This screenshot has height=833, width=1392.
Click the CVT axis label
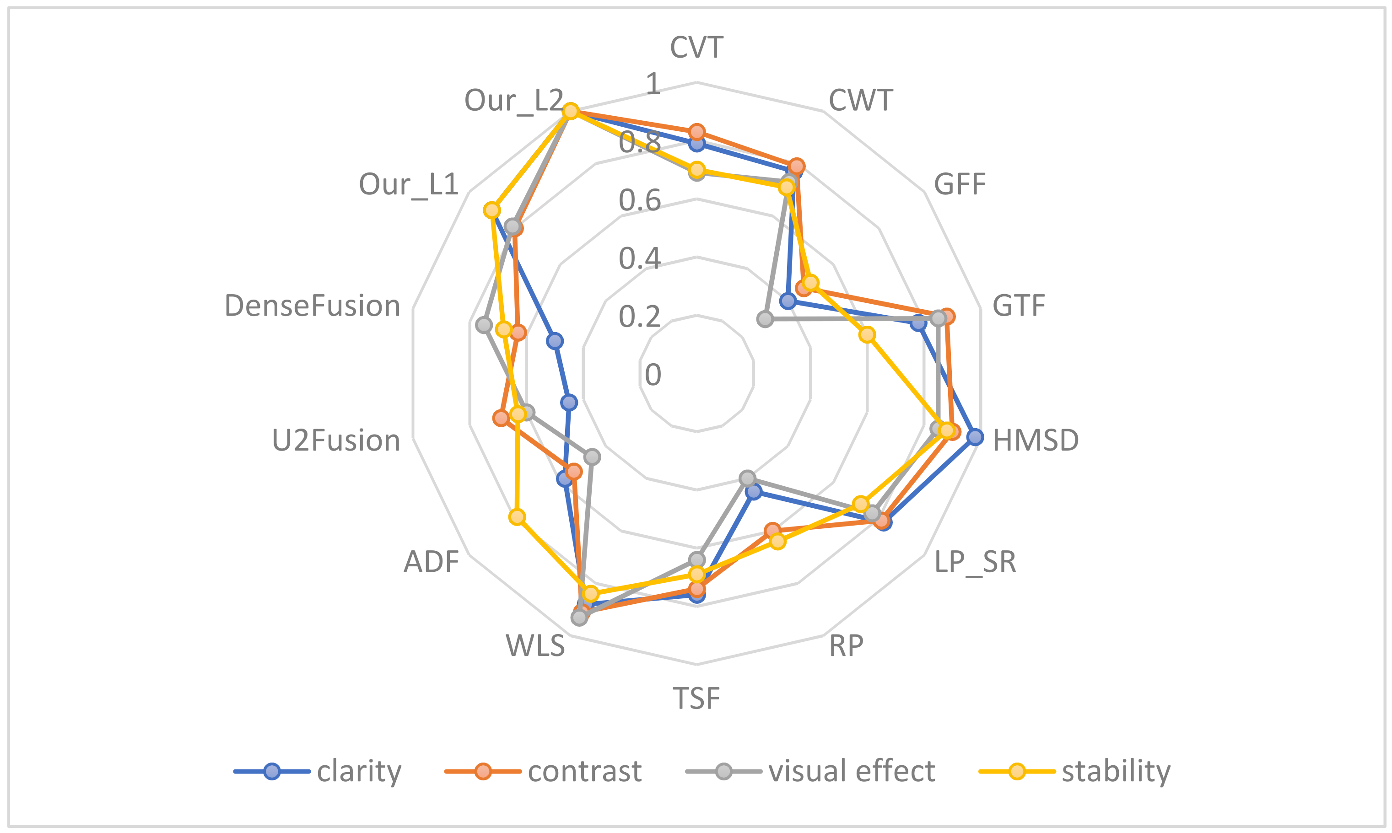click(x=696, y=47)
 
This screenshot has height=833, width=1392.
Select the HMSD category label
click(x=1036, y=441)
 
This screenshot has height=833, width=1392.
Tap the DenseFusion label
click(x=312, y=306)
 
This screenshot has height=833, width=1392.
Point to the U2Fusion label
click(x=336, y=441)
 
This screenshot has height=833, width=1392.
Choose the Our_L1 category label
click(x=409, y=184)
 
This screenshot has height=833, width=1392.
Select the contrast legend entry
click(x=584, y=771)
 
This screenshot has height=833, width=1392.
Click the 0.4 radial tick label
click(x=640, y=259)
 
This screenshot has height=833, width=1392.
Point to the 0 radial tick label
click(x=653, y=374)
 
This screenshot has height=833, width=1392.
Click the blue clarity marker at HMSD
click(x=975, y=437)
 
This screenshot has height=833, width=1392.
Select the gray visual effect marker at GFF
click(x=765, y=319)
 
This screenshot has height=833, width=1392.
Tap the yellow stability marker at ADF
click(x=517, y=517)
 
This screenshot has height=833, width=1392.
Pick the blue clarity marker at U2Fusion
click(x=569, y=403)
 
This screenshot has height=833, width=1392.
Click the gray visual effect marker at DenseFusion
click(x=484, y=325)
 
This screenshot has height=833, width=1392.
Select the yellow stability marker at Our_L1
click(x=492, y=210)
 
